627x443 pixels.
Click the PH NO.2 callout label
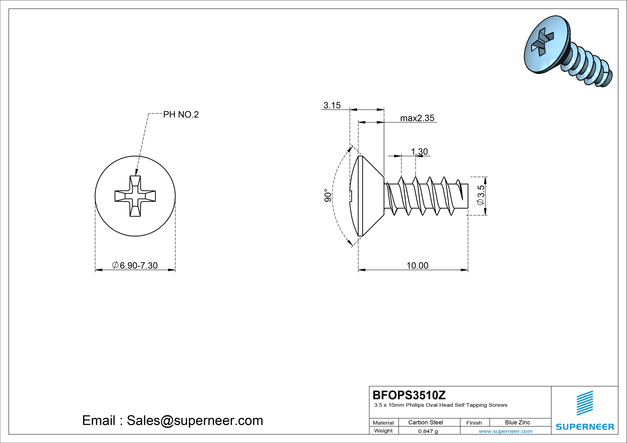click(181, 115)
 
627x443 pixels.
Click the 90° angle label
click(328, 195)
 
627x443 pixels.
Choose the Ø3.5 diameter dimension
click(480, 195)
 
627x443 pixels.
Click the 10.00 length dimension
click(417, 265)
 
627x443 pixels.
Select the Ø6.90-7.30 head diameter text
click(135, 265)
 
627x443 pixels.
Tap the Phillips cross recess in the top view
click(135, 196)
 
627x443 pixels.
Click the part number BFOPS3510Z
click(409, 395)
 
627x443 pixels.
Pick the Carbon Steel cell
click(425, 422)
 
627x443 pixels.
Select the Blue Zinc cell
click(517, 422)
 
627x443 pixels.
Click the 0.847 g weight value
click(428, 431)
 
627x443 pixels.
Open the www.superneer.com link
click(505, 431)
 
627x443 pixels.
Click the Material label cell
click(383, 423)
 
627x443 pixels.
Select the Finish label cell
click(474, 423)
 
